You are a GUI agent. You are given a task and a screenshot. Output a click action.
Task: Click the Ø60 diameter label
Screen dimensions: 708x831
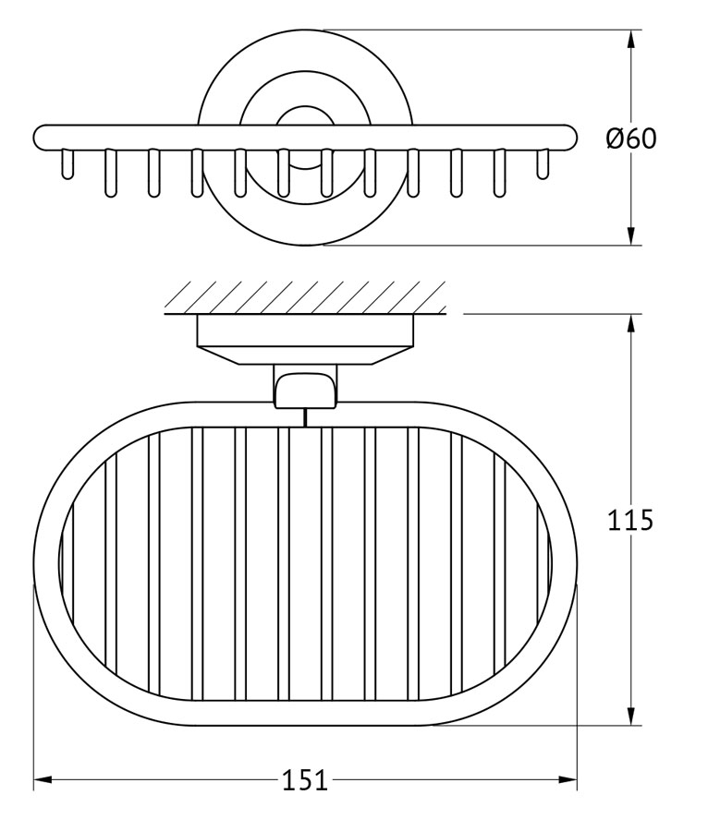(x=630, y=138)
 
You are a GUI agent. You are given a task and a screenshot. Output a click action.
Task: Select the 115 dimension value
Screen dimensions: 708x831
(x=629, y=520)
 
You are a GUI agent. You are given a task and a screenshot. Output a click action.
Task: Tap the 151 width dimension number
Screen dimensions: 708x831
(x=304, y=780)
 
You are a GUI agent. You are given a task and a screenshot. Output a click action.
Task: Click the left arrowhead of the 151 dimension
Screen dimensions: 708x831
(x=43, y=779)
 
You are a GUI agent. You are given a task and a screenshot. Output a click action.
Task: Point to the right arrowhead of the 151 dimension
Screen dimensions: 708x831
(x=568, y=779)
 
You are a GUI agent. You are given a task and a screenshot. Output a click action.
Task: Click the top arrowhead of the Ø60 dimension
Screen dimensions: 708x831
(x=630, y=39)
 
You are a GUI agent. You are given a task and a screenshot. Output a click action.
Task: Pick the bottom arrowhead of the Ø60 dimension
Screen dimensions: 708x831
(x=630, y=235)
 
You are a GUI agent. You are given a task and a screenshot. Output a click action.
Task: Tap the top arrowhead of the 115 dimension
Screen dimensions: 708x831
(x=630, y=324)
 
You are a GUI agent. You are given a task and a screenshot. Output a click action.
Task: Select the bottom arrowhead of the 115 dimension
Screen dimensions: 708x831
(x=630, y=716)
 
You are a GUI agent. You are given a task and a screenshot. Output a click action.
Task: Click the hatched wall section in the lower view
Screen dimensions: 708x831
(x=305, y=297)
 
